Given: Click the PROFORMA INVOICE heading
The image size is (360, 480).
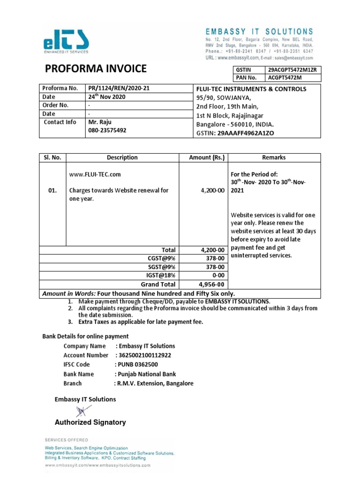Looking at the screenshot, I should pos(96,69).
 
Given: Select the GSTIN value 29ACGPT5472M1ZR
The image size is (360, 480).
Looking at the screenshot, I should pos(292,70).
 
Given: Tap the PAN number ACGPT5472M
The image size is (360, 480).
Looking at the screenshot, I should pos(285,78).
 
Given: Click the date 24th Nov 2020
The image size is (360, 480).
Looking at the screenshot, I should pos(107,97).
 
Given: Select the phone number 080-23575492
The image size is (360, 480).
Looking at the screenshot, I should pos(107,130).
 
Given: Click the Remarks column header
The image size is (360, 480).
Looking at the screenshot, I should pos(274,157).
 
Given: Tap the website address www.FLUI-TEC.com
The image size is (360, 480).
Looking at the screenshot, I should pos(95,174).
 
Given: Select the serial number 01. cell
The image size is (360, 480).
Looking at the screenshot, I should pos(52,191).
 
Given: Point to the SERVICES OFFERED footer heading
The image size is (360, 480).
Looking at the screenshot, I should pos(66,440).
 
